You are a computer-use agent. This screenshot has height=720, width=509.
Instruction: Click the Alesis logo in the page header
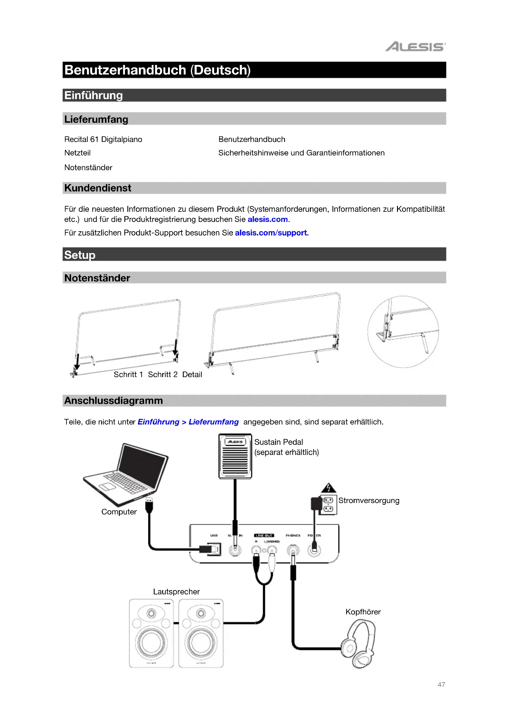pyautogui.click(x=415, y=47)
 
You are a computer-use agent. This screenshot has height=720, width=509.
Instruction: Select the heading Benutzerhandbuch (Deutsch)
pyautogui.click(x=157, y=70)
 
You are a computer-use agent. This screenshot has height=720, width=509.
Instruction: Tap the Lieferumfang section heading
pyautogui.click(x=96, y=119)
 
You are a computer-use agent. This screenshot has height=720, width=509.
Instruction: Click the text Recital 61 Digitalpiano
pyautogui.click(x=103, y=139)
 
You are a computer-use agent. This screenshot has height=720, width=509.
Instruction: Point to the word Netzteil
pyautogui.click(x=78, y=153)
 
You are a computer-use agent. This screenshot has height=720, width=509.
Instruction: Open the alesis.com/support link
pyautogui.click(x=271, y=233)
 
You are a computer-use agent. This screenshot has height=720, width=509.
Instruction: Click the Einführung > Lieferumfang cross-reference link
pyautogui.click(x=188, y=422)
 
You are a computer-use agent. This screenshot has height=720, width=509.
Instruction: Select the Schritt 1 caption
pyautogui.click(x=128, y=374)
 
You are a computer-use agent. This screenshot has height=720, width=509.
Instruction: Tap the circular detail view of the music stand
pyautogui.click(x=403, y=332)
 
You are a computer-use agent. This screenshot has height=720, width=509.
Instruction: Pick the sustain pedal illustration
pyautogui.click(x=235, y=456)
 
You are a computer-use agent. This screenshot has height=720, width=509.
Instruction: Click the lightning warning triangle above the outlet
pyautogui.click(x=328, y=488)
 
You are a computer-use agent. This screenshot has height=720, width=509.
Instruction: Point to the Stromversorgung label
pyautogui.click(x=369, y=501)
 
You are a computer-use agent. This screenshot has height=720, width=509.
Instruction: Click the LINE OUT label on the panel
pyautogui.click(x=264, y=535)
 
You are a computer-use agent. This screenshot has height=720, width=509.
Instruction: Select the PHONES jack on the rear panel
pyautogui.click(x=293, y=550)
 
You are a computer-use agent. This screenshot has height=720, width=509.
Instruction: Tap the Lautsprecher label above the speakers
pyautogui.click(x=176, y=591)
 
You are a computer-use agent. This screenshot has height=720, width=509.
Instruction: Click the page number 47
pyautogui.click(x=441, y=684)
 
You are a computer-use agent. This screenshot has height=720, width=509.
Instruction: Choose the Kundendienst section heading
pyautogui.click(x=98, y=188)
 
